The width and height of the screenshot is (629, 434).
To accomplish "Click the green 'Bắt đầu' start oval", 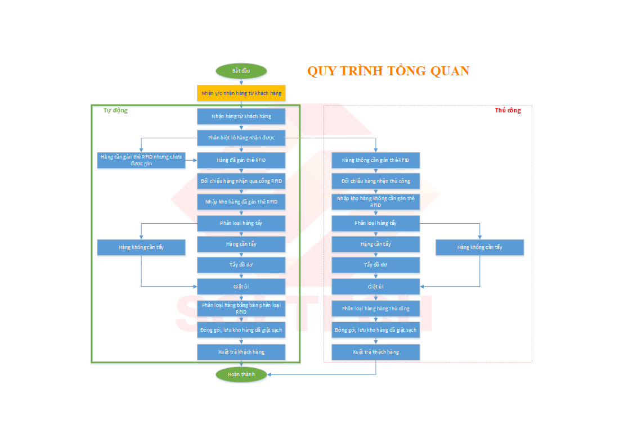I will (241, 71).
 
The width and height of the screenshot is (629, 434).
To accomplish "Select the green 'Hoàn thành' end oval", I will (241, 374).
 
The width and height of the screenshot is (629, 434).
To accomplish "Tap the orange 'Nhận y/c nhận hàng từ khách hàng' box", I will (241, 93).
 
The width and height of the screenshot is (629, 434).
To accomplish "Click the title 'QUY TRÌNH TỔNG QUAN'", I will (388, 71).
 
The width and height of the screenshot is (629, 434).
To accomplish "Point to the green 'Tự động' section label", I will (115, 110).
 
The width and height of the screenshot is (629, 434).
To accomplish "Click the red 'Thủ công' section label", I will (507, 110).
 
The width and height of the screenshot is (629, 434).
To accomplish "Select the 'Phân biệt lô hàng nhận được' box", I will (241, 138).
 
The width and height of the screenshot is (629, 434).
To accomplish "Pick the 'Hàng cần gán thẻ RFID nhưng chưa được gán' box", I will (141, 160).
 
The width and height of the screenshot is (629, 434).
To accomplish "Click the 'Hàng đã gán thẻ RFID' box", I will (241, 160).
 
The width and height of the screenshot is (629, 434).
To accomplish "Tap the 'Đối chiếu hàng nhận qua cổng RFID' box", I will (241, 181).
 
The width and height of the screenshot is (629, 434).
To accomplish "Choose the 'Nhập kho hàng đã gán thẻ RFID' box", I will (241, 202).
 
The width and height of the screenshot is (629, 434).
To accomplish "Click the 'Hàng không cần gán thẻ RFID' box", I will (375, 160).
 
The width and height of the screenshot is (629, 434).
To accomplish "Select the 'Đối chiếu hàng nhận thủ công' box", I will (375, 181).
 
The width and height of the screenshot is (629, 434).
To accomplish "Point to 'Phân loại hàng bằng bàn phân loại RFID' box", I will (241, 308).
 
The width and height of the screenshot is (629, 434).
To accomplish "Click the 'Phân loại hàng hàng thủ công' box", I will (375, 309).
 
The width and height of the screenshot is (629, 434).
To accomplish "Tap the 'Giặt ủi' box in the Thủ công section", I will (375, 287).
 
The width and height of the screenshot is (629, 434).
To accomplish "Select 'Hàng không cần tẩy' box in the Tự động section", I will (141, 247).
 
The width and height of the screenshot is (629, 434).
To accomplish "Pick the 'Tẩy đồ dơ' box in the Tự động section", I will (241, 265).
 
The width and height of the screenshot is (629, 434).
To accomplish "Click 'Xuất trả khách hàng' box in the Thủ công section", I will (375, 352).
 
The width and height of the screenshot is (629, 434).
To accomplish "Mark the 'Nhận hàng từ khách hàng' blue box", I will (241, 116).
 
